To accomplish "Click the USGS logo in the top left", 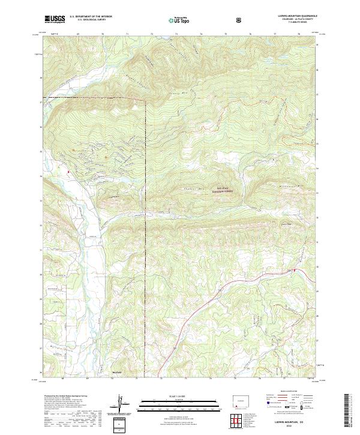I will pyautogui.click(x=55, y=19).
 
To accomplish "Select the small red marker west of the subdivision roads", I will pyautogui.click(x=69, y=172).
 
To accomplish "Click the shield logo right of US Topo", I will pyautogui.click(x=241, y=20).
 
